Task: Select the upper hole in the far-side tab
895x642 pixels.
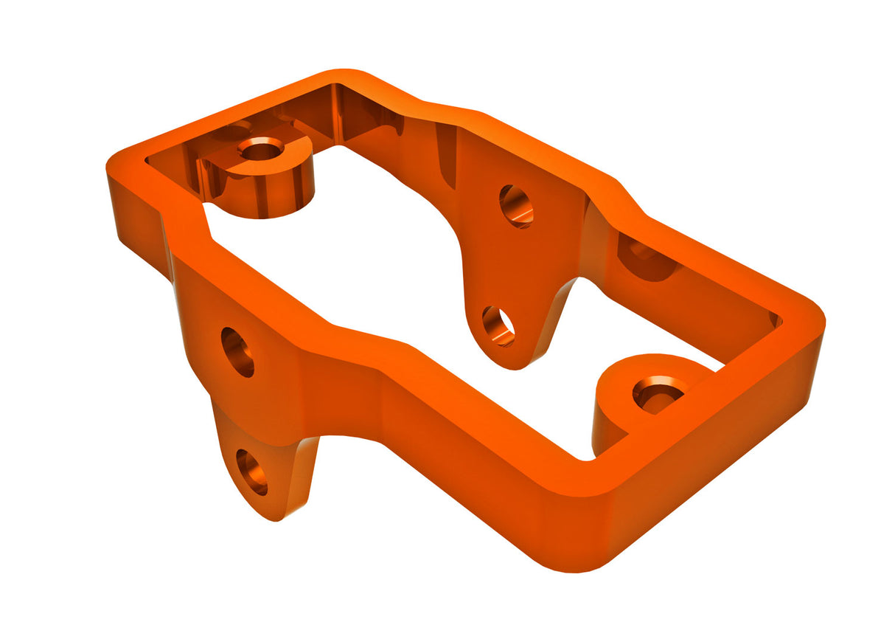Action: pos(516,206)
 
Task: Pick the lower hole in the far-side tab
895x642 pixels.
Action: pos(499,325)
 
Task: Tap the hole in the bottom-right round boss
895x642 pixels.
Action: pos(658,393)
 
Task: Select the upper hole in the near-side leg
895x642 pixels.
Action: pos(237,352)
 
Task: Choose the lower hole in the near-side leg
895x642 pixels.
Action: pos(251,472)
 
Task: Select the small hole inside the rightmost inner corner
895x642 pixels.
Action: pos(775,320)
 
